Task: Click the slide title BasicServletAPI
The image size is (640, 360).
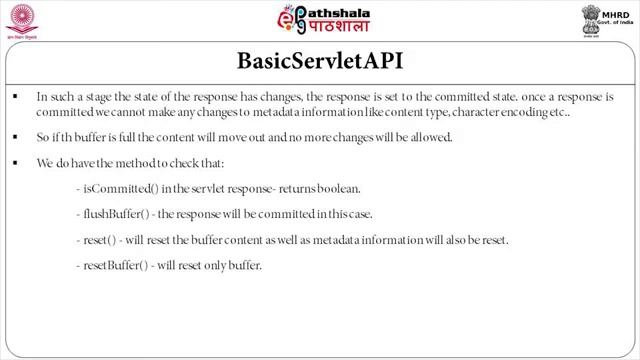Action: (319, 61)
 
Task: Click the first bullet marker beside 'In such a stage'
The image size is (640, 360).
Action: (16, 98)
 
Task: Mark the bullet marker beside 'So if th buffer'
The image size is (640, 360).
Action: (16, 138)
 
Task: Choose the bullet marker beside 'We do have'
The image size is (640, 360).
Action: (16, 163)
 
